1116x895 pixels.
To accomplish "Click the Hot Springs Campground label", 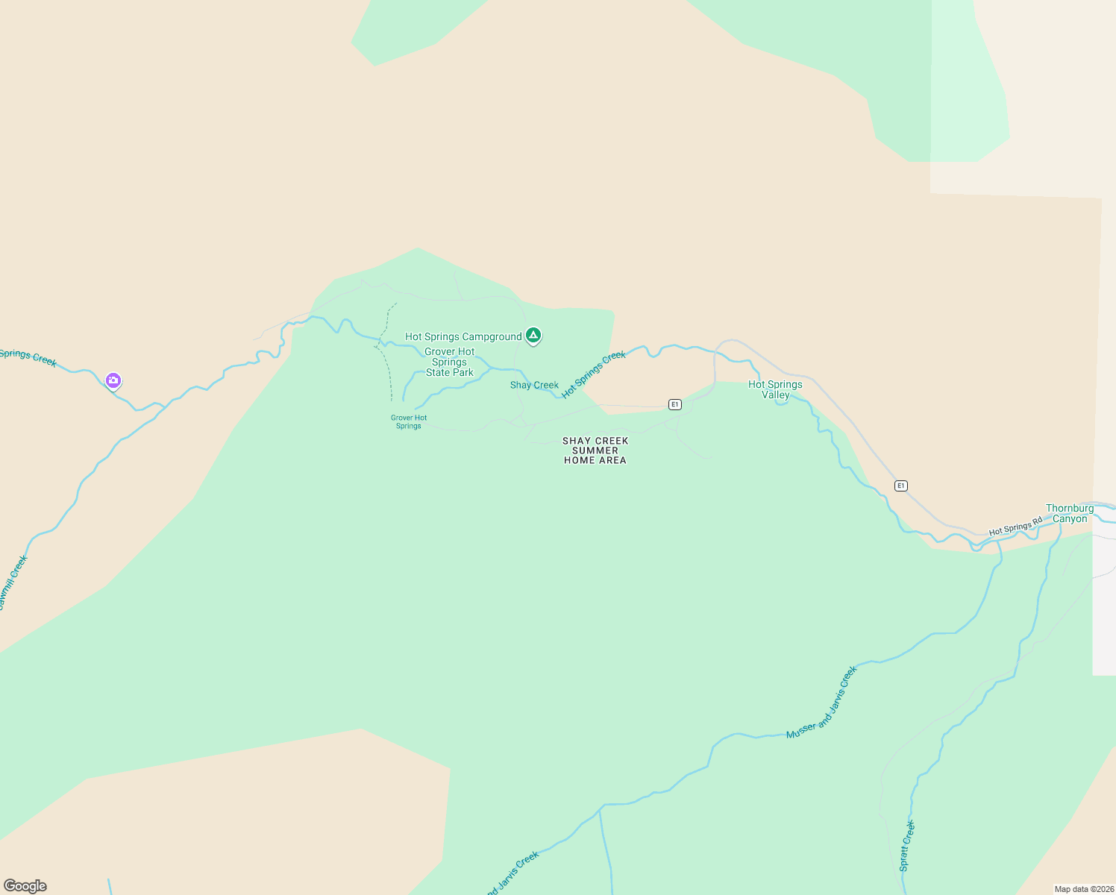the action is [x=463, y=336].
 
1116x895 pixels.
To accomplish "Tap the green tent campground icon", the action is [x=533, y=336].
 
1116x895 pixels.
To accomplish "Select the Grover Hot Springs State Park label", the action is [x=449, y=362].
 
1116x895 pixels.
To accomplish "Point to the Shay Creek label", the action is [x=534, y=385].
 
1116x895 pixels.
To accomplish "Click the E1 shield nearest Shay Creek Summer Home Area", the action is [x=675, y=404].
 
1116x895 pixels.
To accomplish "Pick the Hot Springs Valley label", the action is [x=775, y=389].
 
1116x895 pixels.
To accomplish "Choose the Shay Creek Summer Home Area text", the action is [x=595, y=450].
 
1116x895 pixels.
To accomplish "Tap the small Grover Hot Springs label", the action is [x=409, y=422].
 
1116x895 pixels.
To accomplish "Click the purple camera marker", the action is [x=113, y=381].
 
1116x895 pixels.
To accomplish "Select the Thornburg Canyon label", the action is [x=1070, y=513].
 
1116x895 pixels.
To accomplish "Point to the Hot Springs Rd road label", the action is [x=1015, y=527].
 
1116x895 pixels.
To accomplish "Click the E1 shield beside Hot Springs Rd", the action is [x=901, y=486].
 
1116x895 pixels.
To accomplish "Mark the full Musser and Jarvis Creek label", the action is [x=822, y=702].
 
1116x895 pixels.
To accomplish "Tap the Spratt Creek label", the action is [x=906, y=846].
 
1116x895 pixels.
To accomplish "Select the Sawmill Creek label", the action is [x=13, y=582].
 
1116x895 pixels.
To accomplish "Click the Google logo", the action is [x=25, y=886].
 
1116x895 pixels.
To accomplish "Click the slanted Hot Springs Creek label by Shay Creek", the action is [x=594, y=374].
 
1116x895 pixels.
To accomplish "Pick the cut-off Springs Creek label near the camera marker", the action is [x=28, y=357].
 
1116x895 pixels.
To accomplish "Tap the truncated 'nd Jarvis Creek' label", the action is [x=512, y=873].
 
